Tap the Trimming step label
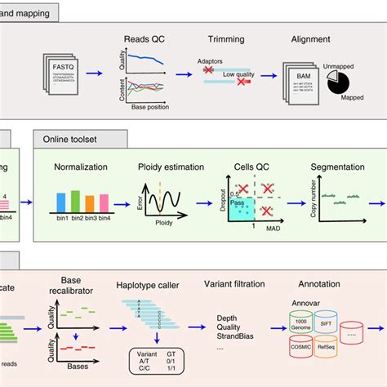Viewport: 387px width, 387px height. (x=220, y=38)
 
